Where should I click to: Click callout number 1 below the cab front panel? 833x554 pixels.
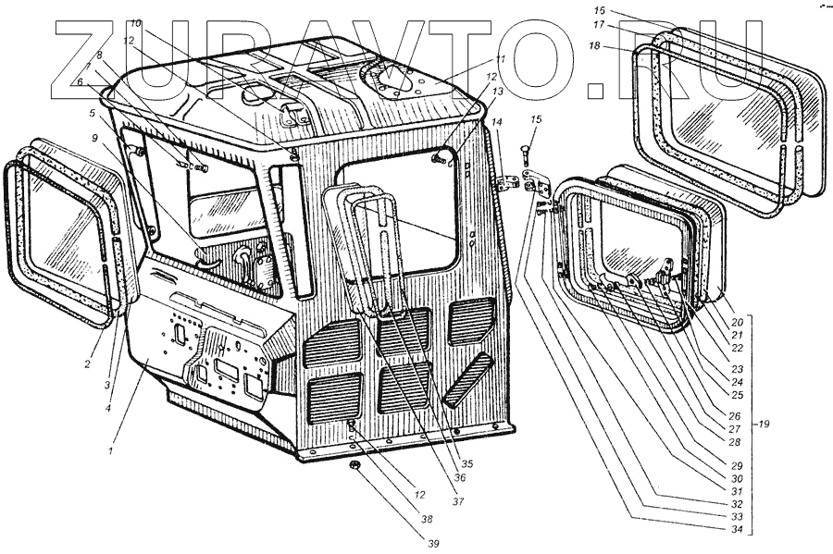(109, 451)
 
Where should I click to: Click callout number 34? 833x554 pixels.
(736, 530)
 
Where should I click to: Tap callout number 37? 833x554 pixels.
(457, 500)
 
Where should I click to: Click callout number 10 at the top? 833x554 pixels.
(135, 22)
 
